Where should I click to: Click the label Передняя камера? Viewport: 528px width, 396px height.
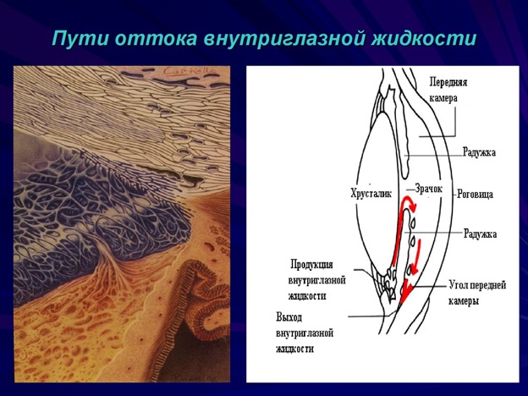coord(448,90)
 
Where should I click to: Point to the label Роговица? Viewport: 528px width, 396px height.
coord(474,194)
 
